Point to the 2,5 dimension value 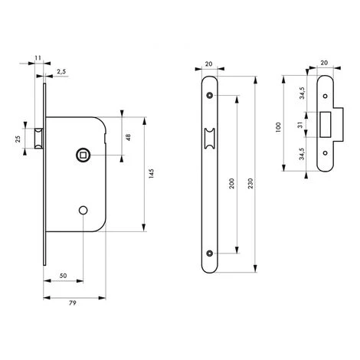62,72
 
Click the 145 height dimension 152,174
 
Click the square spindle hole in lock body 82,156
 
